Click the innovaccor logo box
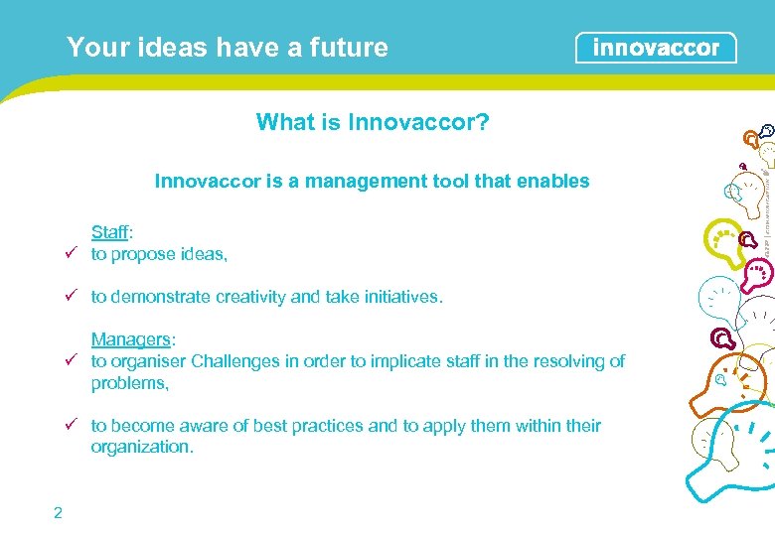(x=656, y=48)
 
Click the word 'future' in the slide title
(x=349, y=47)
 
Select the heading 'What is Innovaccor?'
(x=372, y=122)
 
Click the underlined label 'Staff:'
(x=111, y=232)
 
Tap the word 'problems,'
(x=129, y=382)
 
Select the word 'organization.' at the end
(x=141, y=447)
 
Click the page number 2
(x=58, y=512)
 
